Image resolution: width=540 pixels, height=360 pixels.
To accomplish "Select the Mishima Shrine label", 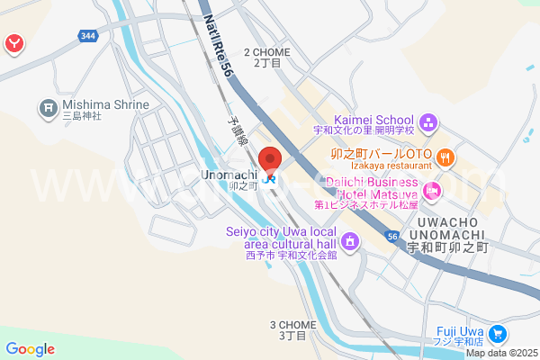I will pos(105,104).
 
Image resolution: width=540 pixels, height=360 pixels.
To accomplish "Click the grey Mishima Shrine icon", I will pos(48,110).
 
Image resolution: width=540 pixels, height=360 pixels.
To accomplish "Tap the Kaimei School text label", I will pos(374,120).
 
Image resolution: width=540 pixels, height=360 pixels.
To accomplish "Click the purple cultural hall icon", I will pos(350,241).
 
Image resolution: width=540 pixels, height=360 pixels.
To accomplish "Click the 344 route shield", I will pos(87,36).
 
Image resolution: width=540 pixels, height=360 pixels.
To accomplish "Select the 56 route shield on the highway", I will pos(392,236).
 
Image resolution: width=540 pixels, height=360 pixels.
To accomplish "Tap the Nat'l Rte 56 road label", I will pos(218,49).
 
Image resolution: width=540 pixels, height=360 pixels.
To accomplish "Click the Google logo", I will pos(30,349).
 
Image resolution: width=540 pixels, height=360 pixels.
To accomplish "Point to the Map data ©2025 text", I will pos(501,353).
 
